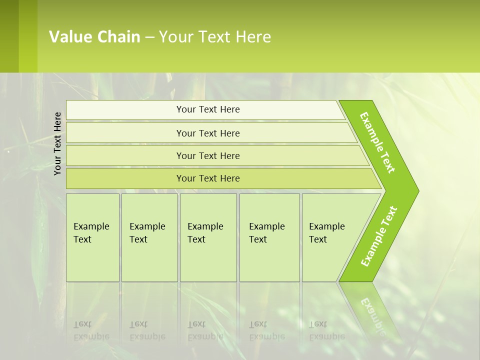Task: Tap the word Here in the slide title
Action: [253, 37]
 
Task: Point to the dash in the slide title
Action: [149, 37]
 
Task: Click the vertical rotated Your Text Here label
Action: [58, 143]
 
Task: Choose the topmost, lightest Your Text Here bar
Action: [208, 109]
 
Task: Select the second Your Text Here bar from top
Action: [208, 133]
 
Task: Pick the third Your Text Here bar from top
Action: [208, 155]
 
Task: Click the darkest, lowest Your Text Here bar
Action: [208, 178]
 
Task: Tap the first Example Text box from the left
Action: [92, 237]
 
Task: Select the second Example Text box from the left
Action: [149, 237]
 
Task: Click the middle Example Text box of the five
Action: [208, 237]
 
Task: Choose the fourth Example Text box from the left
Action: [269, 237]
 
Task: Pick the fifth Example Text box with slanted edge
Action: [327, 237]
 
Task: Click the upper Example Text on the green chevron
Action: [377, 142]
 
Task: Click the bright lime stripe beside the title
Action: [28, 36]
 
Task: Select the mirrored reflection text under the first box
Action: [91, 330]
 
